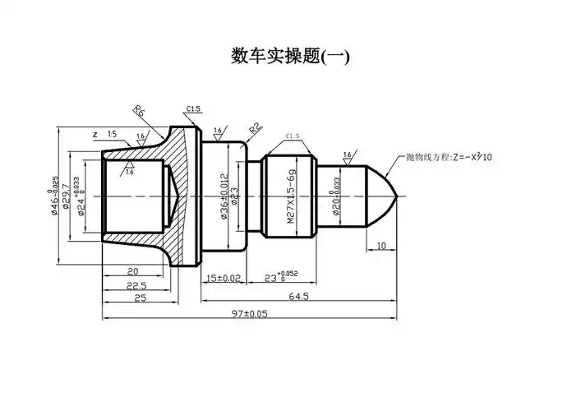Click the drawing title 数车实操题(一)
(290, 57)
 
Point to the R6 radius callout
(141, 113)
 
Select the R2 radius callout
(255, 129)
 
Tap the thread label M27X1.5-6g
(292, 198)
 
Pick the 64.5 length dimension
(297, 297)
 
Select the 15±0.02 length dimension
(223, 279)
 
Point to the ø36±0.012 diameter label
(224, 196)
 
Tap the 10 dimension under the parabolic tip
(380, 246)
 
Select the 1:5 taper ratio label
(111, 133)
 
